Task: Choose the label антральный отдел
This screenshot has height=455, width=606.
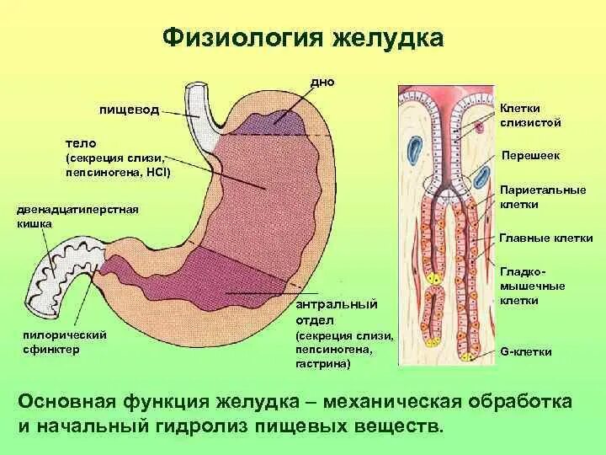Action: point(335,312)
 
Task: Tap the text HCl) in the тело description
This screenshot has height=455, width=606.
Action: point(156,173)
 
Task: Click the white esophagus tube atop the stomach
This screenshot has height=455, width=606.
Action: point(201,104)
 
